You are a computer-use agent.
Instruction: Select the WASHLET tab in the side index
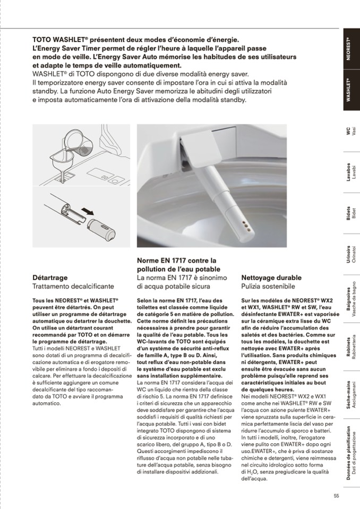[349, 90]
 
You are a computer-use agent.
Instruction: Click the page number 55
[336, 496]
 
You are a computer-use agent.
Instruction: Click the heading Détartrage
[50, 278]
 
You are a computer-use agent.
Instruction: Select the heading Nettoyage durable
[271, 278]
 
